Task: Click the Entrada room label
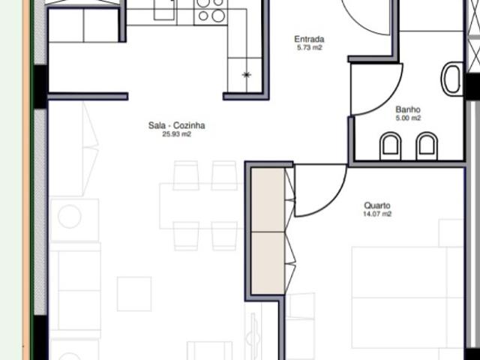coord(308,39)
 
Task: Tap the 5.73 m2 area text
coord(308,48)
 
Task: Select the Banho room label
coord(408,109)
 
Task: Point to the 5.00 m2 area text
coord(408,118)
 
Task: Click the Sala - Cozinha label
coord(177,126)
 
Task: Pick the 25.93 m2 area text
coord(177,135)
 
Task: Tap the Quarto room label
coord(377,205)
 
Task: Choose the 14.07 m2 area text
coord(377,214)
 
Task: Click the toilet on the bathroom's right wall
coord(451,79)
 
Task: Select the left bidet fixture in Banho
coord(390,145)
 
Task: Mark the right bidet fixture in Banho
coord(426,145)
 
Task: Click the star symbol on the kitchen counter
coord(247,75)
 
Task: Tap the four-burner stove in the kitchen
coord(210,10)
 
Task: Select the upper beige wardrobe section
coord(267,199)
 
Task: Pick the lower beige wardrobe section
coord(267,262)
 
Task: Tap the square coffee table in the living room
coord(134,293)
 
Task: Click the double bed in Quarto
coord(409,300)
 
